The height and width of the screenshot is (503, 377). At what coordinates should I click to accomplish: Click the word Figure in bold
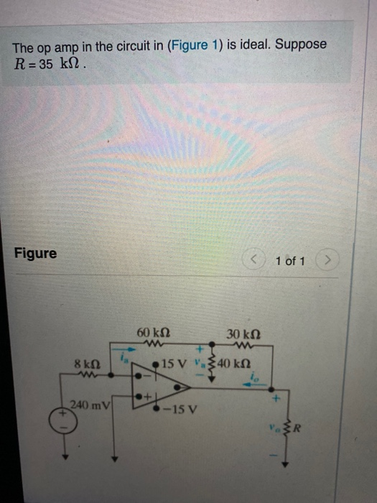pos(35,254)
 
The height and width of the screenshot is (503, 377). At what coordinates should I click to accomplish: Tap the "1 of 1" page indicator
pos(290,261)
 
